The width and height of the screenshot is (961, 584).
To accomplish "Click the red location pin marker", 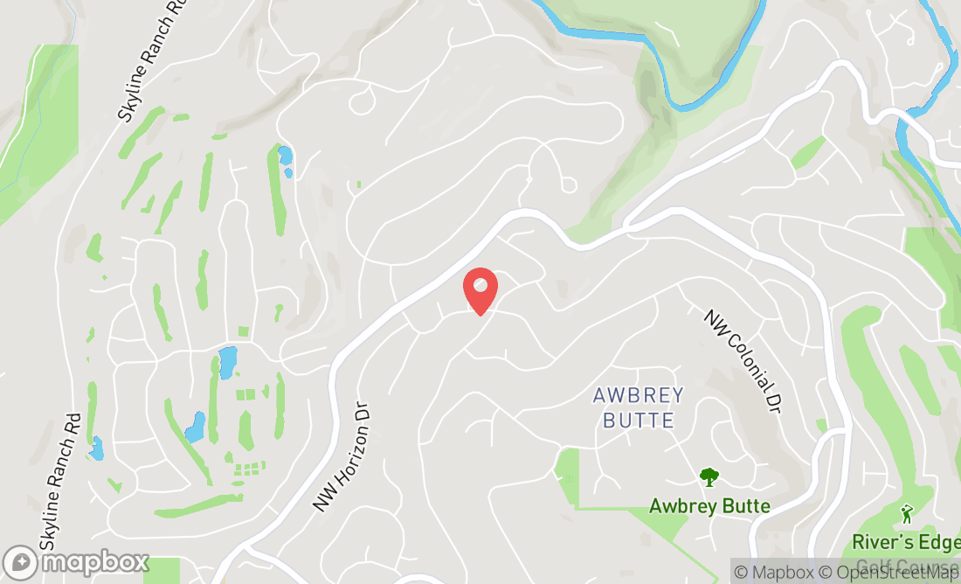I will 480,291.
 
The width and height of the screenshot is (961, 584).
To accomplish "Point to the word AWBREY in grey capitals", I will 639,395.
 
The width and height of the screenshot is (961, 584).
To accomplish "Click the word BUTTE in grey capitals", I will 639,421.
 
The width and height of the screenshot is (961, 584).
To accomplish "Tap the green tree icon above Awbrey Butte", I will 709,477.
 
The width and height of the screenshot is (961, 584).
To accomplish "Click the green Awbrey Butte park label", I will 709,506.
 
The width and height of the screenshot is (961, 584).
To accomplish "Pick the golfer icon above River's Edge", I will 906,513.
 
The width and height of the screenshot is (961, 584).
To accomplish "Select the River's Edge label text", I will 906,543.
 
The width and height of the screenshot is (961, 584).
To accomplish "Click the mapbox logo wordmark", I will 95,562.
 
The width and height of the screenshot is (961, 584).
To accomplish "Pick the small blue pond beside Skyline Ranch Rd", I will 95,448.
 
